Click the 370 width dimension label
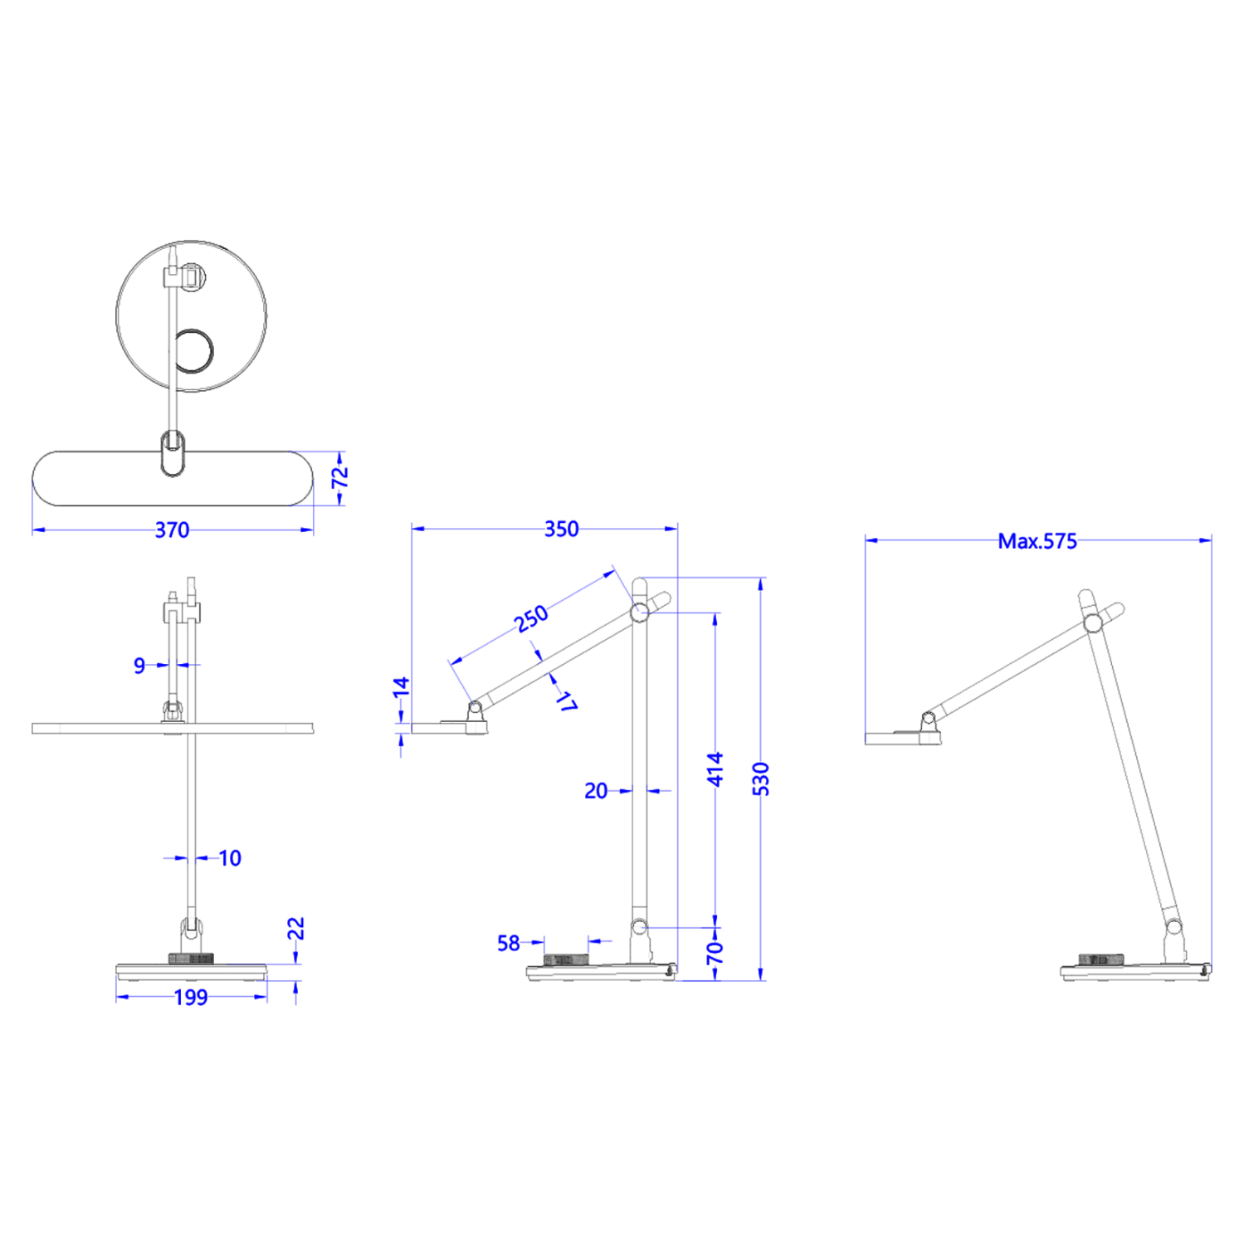(x=172, y=530)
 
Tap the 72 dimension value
(x=339, y=478)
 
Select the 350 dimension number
(x=561, y=529)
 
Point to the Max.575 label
(x=1037, y=541)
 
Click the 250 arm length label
(x=531, y=618)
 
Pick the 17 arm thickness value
(x=567, y=701)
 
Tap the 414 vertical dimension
(x=715, y=769)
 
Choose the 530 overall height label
(x=760, y=779)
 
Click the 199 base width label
(x=191, y=997)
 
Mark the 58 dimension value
(x=508, y=943)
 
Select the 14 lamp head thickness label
(x=401, y=686)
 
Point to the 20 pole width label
(x=595, y=790)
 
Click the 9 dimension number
(x=139, y=665)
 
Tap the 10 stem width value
(x=230, y=857)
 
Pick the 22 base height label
(x=296, y=928)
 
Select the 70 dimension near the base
(x=715, y=953)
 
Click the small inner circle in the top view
(x=193, y=353)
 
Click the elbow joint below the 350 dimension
(x=639, y=613)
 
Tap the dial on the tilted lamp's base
(x=1100, y=959)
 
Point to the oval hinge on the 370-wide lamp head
(x=173, y=453)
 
